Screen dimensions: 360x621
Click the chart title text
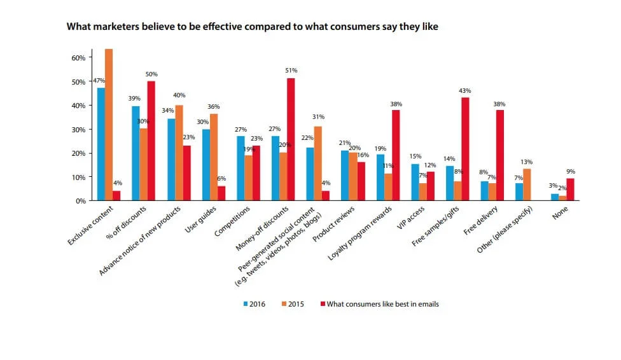tap(253, 27)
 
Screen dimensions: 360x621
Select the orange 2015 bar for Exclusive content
tap(109, 125)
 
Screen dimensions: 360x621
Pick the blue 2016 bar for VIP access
tap(414, 182)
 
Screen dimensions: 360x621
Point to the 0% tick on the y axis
tap(80, 201)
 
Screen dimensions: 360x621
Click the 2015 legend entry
tap(293, 304)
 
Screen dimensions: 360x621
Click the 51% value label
tap(291, 71)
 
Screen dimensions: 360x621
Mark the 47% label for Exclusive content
tap(99, 81)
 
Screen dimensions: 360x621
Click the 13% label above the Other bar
tap(527, 162)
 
